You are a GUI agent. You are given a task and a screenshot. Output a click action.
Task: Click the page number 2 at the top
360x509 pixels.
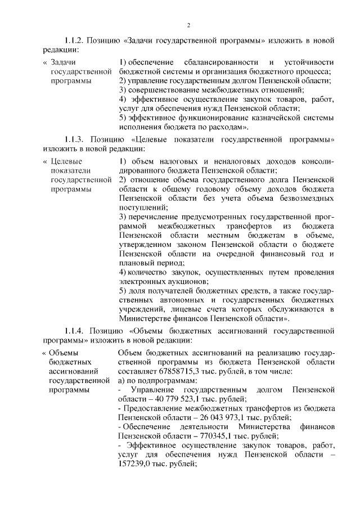click(x=190, y=25)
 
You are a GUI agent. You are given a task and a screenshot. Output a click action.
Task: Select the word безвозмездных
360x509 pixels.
click(x=304, y=199)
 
